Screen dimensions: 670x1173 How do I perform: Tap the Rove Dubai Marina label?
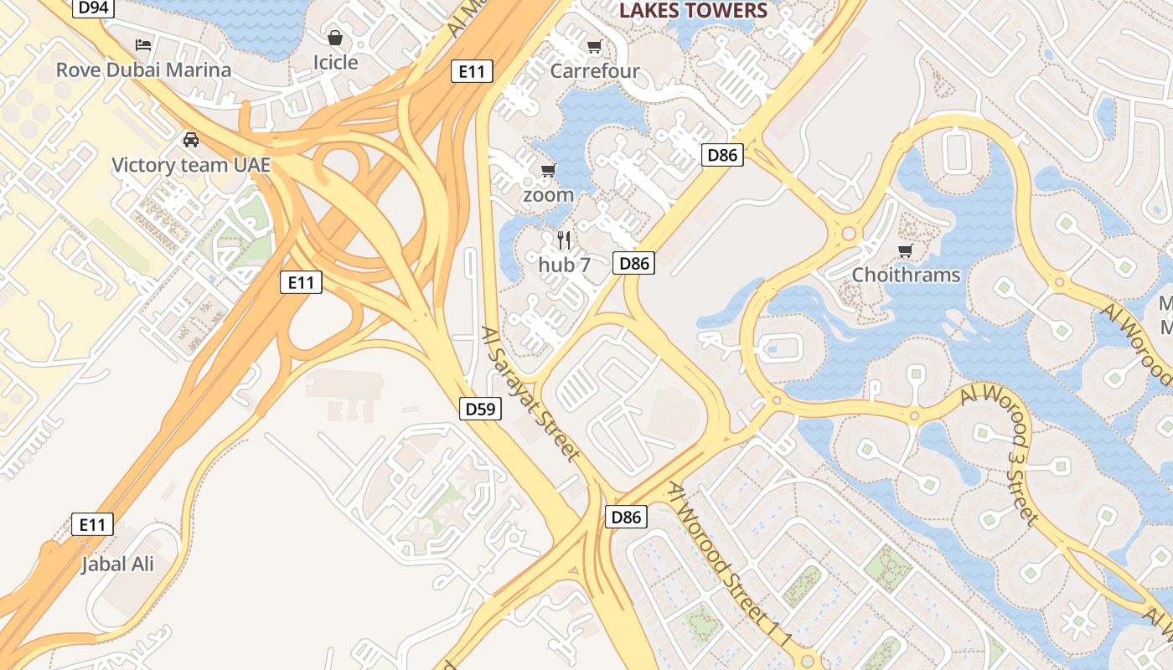tap(143, 70)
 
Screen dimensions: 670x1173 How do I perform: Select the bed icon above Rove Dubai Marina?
tap(143, 44)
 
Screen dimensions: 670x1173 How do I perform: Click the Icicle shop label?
tap(335, 62)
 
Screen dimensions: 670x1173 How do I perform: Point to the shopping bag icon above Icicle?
tap(335, 38)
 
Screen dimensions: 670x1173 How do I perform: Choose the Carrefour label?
tap(595, 71)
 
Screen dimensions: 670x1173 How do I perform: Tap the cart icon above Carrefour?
tap(595, 46)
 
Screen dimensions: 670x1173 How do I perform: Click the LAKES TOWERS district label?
tap(693, 11)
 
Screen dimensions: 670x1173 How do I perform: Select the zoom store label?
tap(548, 195)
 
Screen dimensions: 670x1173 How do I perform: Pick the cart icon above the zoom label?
tap(548, 171)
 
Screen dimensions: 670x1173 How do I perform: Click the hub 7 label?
tap(565, 265)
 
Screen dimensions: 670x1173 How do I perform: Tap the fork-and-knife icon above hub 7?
tap(564, 241)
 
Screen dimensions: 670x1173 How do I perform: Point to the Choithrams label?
tap(906, 275)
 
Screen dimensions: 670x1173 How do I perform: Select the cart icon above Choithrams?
tap(905, 250)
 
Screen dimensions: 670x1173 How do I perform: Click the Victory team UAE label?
tap(191, 164)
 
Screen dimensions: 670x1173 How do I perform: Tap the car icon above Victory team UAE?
tap(191, 139)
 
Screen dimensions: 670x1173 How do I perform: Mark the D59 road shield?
tap(481, 409)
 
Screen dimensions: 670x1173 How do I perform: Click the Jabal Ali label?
tap(117, 564)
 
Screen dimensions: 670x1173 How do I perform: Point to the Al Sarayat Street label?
tap(531, 394)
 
